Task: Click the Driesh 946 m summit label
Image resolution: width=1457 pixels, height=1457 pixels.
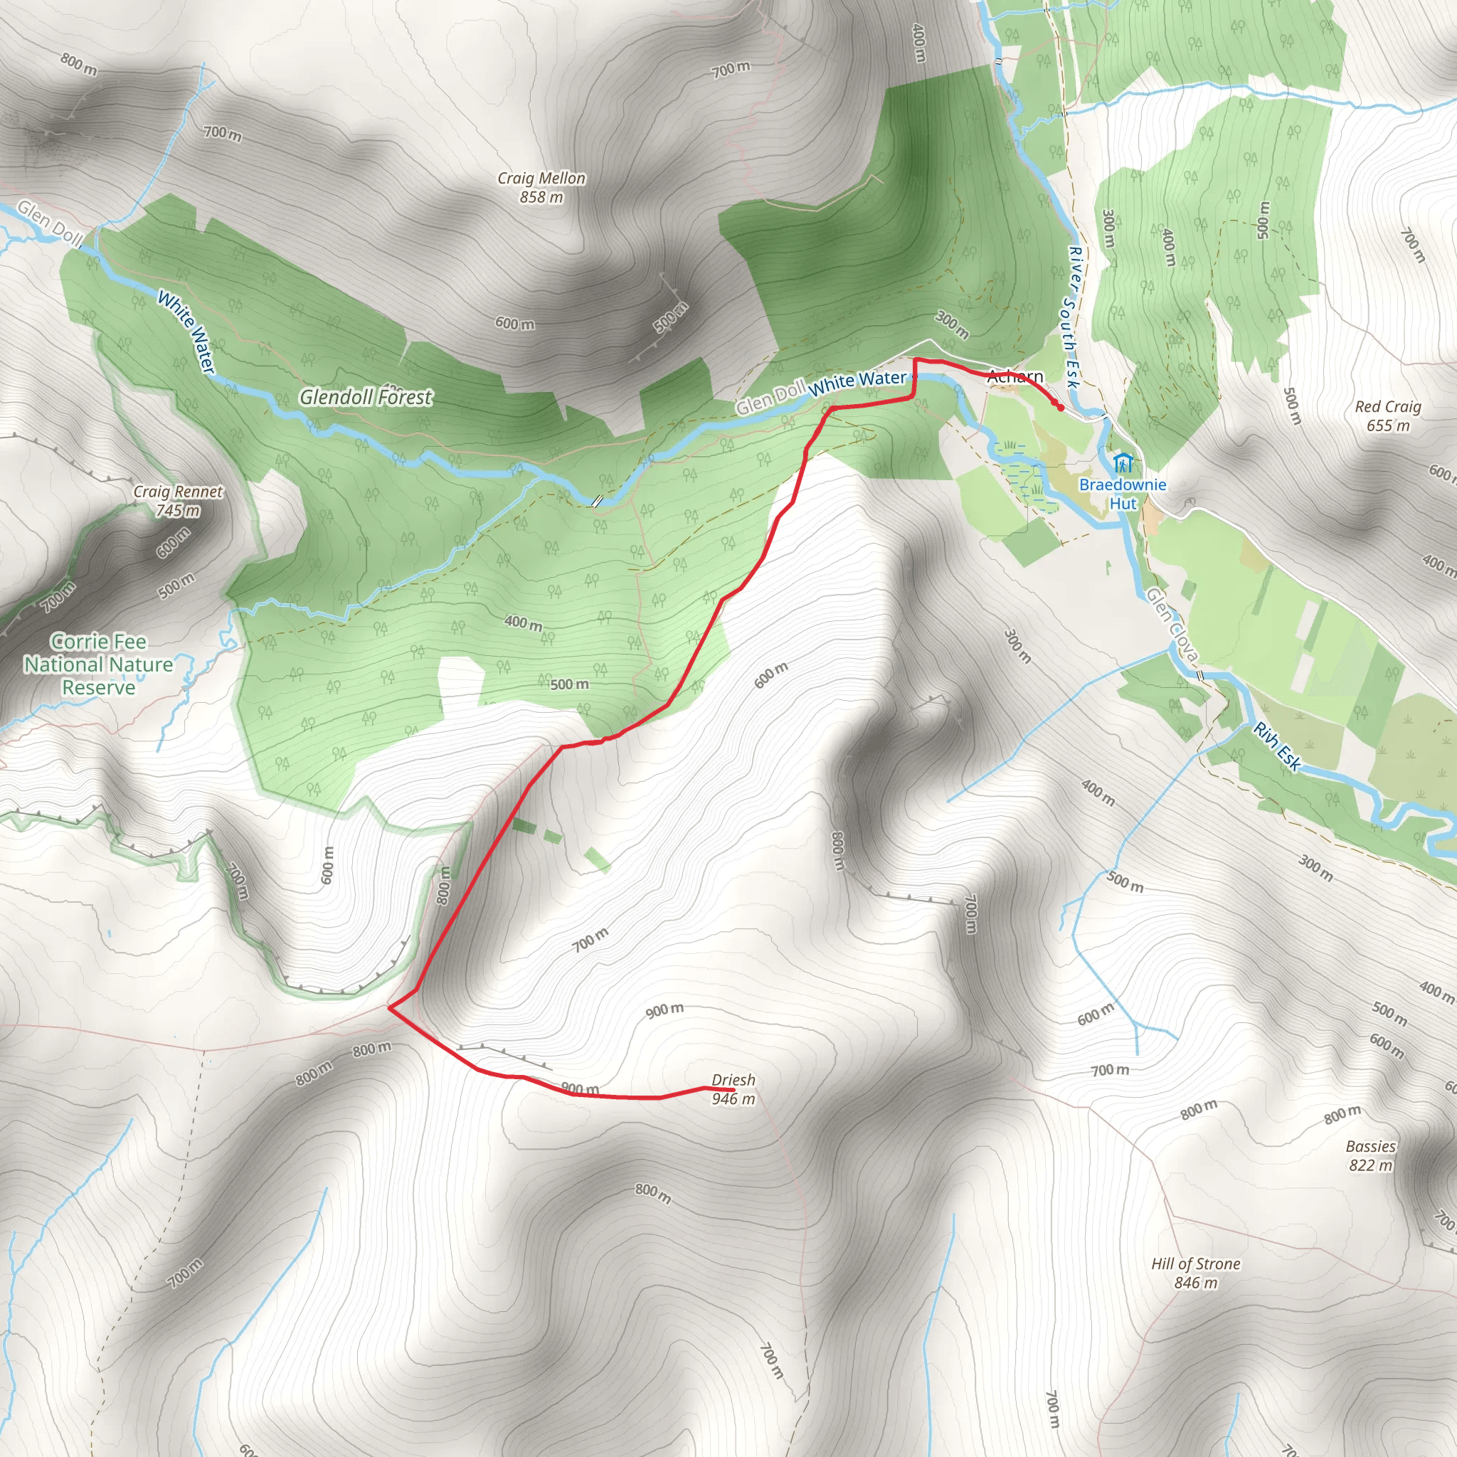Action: [x=733, y=1089]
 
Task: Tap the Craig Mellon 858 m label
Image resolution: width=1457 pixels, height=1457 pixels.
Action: [x=541, y=188]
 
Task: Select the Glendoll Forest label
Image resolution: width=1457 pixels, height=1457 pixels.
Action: [x=366, y=397]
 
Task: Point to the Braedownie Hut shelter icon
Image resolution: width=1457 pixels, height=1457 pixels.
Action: [x=1122, y=462]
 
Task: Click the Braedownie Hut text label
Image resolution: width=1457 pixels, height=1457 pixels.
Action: [x=1122, y=494]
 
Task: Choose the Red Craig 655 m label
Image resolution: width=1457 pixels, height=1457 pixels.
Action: [x=1387, y=415]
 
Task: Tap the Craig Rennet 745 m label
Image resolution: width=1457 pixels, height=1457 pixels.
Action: [x=178, y=501]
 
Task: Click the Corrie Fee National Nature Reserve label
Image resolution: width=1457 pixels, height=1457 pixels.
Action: [x=99, y=664]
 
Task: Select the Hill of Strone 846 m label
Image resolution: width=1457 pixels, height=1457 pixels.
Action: [x=1195, y=1273]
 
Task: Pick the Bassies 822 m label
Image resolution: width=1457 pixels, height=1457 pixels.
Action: [x=1370, y=1155]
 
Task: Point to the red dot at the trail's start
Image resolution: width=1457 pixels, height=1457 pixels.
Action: [x=1060, y=408]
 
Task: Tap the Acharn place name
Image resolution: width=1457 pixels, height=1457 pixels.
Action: [x=1015, y=376]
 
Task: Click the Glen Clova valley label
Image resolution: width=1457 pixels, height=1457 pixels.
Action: [x=1171, y=625]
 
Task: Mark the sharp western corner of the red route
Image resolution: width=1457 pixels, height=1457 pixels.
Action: [x=389, y=1006]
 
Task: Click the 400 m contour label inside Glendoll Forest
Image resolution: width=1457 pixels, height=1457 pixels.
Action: [x=524, y=623]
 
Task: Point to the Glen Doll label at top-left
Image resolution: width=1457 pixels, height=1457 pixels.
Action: [x=50, y=223]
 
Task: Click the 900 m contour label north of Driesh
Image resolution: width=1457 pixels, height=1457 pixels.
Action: [x=664, y=1010]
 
